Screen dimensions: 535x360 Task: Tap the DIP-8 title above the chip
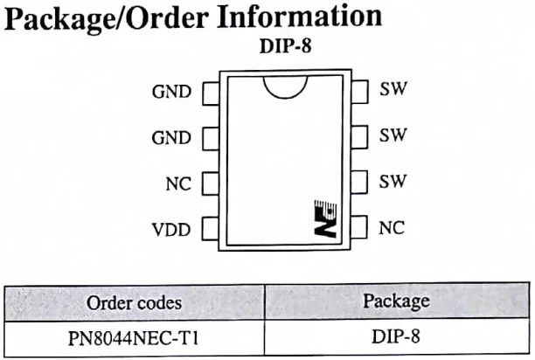(x=286, y=45)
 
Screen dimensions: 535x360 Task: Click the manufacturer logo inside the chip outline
(x=325, y=218)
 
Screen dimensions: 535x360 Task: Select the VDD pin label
(x=171, y=230)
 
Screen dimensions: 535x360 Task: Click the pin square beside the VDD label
(x=211, y=229)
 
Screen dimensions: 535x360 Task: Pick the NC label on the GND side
(x=178, y=183)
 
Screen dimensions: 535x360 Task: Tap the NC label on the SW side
(x=392, y=227)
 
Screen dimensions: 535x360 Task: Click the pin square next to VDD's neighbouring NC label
(x=211, y=183)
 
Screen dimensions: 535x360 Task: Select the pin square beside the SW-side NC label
(x=359, y=227)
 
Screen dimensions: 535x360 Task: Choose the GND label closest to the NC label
(x=171, y=138)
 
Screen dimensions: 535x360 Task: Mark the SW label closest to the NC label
(x=393, y=181)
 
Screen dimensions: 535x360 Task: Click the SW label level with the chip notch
(x=393, y=88)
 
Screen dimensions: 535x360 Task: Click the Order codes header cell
(x=135, y=302)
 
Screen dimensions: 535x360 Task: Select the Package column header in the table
(x=397, y=301)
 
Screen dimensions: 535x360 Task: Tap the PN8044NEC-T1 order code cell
(x=135, y=338)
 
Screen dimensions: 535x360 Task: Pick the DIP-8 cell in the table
(x=397, y=336)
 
